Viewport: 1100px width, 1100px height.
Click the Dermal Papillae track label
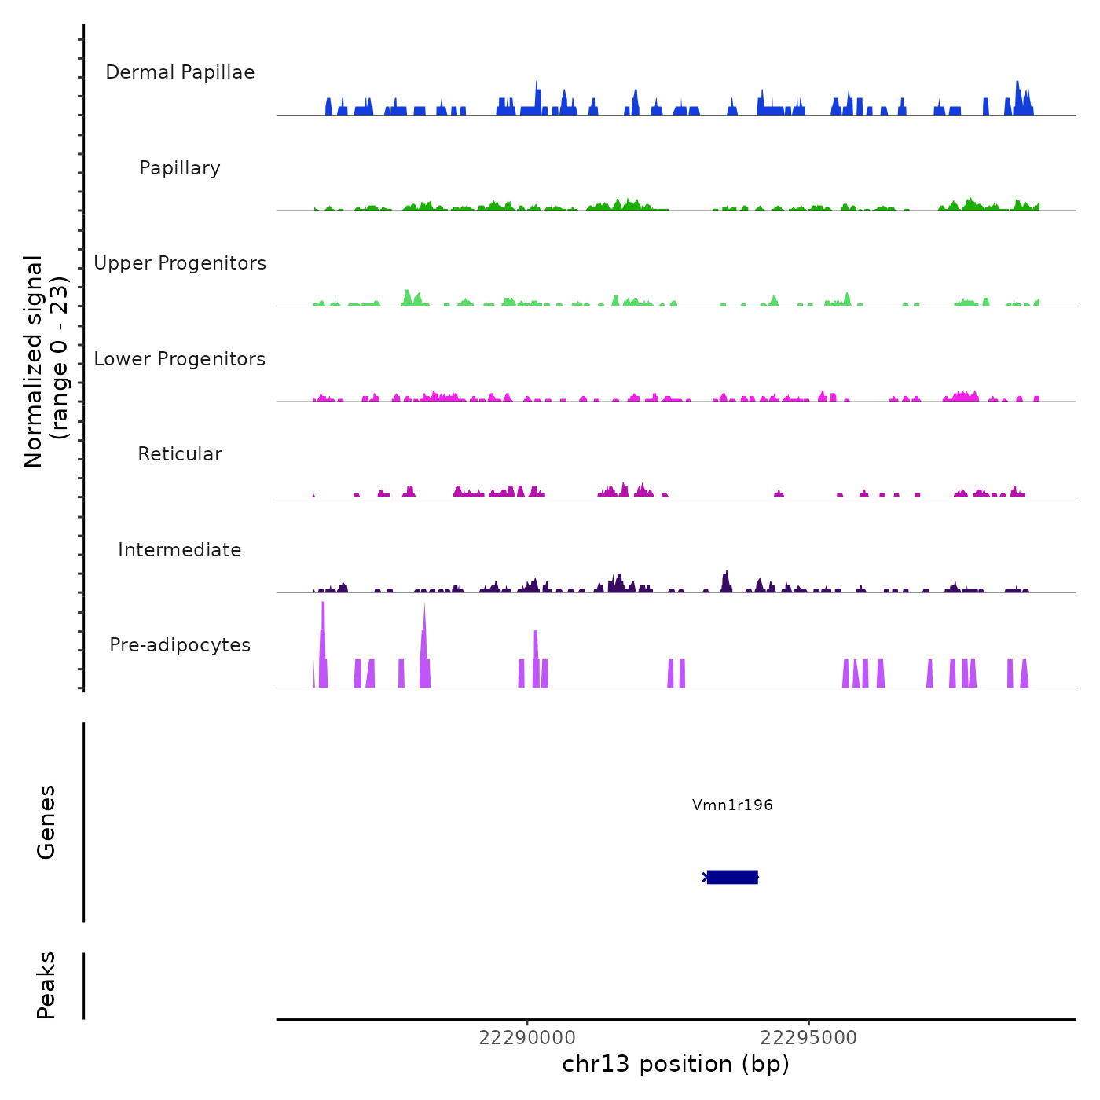click(180, 72)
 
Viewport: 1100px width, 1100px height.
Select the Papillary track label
click(180, 168)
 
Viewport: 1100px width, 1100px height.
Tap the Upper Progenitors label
click(180, 263)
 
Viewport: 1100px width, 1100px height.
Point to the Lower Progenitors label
click(180, 359)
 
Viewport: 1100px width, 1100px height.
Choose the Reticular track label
click(180, 454)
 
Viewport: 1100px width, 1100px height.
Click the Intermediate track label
click(180, 550)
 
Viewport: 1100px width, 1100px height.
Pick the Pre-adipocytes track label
click(180, 645)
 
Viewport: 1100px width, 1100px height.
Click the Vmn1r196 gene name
click(732, 805)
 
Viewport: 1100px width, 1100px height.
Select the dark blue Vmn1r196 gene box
click(732, 877)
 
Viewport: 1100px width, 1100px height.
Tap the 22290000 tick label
click(527, 1038)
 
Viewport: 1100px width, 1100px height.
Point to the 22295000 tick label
click(809, 1038)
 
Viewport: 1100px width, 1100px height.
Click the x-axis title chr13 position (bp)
click(676, 1064)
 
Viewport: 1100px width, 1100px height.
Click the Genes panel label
click(46, 822)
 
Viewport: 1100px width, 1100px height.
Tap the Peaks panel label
click(46, 985)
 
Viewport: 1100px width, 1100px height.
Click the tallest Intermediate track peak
click(727, 580)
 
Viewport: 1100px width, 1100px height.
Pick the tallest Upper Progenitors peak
click(407, 297)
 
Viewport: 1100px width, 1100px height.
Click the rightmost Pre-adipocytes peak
click(1025, 674)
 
